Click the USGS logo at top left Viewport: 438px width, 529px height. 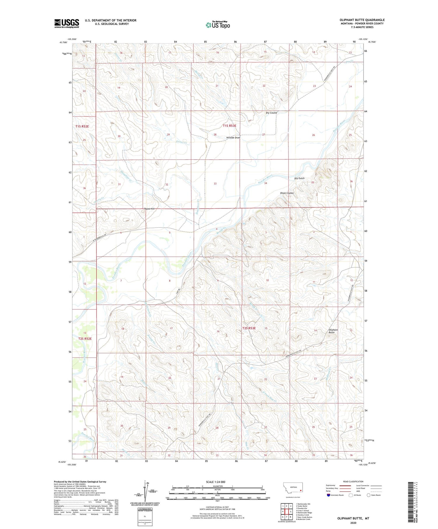67,23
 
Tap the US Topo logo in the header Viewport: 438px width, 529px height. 218,25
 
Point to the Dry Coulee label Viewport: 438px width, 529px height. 271,113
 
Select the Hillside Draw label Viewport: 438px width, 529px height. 233,138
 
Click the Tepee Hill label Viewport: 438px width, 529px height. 150,209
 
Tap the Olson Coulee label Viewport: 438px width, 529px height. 287,193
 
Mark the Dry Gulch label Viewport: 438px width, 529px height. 299,178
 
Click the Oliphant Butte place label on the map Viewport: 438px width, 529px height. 333,331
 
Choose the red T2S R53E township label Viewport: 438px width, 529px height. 249,328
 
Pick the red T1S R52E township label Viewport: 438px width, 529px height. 82,126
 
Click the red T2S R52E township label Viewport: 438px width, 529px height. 85,339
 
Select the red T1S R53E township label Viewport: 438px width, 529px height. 230,126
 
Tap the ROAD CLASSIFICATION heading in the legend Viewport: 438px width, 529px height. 353,481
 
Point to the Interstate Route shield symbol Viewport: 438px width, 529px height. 328,495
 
